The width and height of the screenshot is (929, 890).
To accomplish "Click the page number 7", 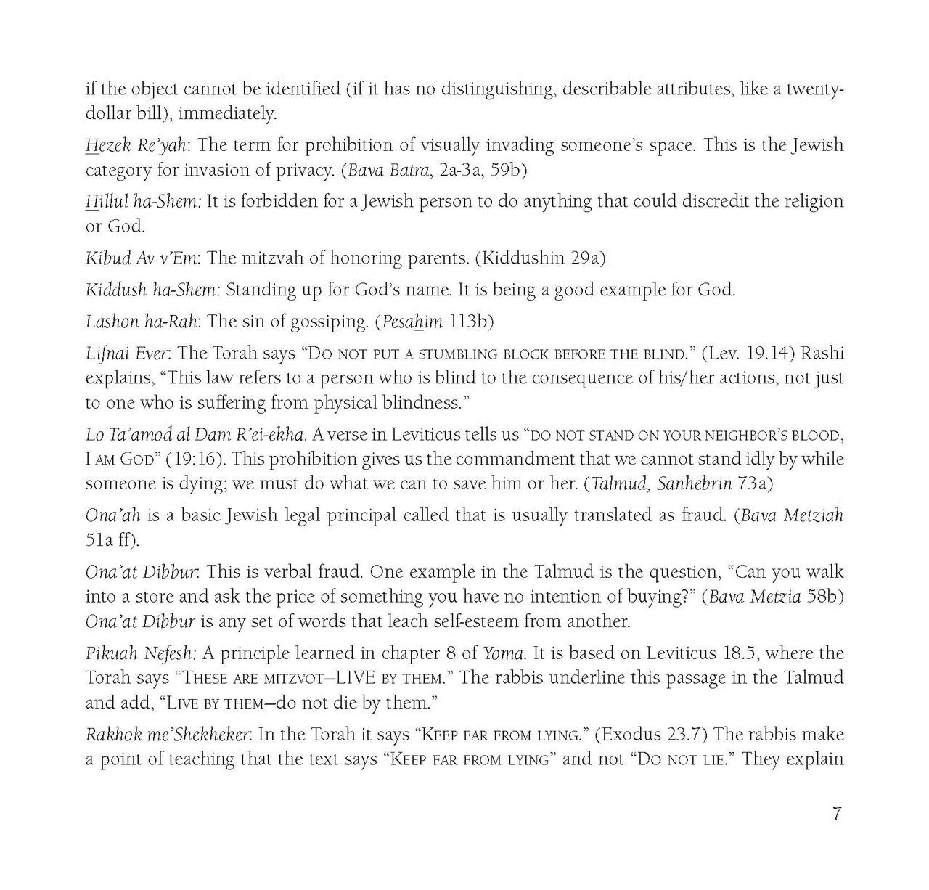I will [836, 814].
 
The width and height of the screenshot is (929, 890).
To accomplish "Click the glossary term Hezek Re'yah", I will [136, 145].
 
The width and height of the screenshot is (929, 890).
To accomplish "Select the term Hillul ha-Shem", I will [142, 202].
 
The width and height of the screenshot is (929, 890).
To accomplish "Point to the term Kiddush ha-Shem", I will [152, 290].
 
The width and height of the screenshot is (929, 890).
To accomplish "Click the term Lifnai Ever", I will [127, 354].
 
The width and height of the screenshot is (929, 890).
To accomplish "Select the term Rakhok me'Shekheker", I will [168, 735].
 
